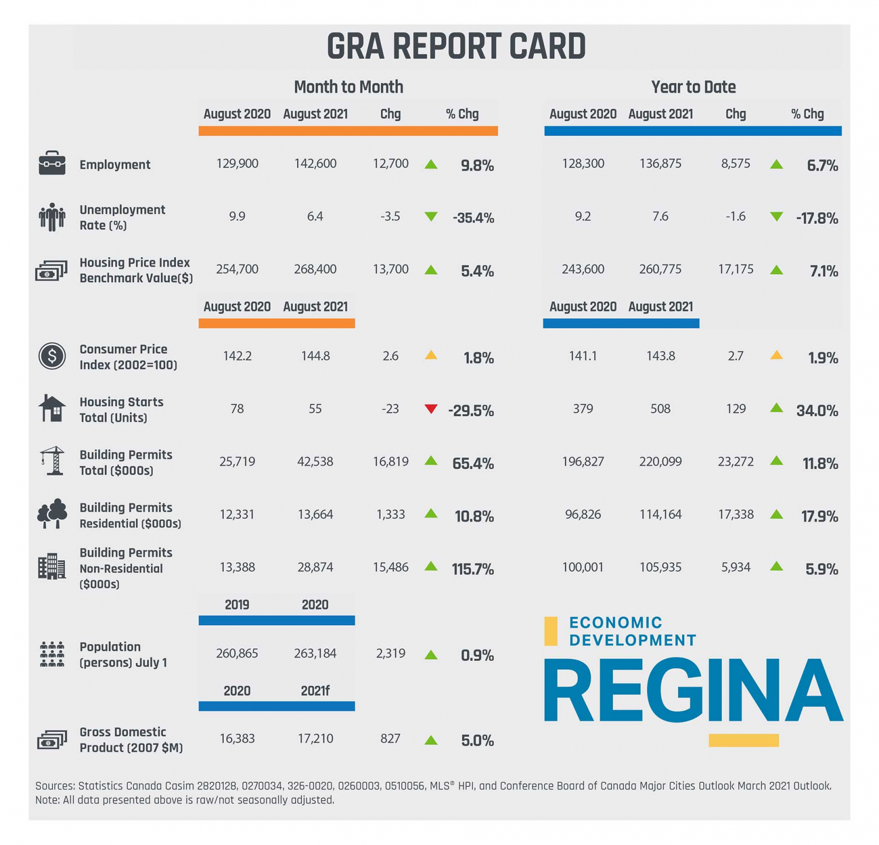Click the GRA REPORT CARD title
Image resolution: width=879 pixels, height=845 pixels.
[456, 46]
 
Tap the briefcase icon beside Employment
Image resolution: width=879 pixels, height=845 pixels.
[52, 163]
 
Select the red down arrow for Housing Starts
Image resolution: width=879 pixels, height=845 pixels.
[431, 409]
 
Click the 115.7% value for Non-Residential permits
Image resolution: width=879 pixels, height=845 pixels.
[473, 569]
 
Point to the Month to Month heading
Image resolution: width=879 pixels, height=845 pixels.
[348, 87]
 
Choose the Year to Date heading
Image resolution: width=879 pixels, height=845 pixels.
[693, 87]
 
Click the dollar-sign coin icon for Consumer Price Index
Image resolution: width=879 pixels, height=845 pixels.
[52, 356]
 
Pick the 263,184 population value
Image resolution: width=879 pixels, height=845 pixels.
[315, 653]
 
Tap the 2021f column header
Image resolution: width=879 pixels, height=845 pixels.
[315, 691]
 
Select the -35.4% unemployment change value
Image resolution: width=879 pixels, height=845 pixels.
[473, 219]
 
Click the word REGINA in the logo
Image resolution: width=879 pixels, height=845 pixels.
[693, 691]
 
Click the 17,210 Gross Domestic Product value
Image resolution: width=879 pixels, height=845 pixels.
[315, 739]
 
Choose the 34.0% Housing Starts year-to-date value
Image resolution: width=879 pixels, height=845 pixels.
[817, 411]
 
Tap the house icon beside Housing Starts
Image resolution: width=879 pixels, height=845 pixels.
[52, 408]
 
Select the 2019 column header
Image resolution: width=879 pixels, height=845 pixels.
[237, 605]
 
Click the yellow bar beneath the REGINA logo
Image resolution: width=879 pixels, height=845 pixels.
[744, 741]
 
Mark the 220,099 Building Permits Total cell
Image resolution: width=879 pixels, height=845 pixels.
[660, 462]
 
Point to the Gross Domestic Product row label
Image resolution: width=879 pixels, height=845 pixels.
[131, 740]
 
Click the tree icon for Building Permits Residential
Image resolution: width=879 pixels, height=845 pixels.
[52, 514]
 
